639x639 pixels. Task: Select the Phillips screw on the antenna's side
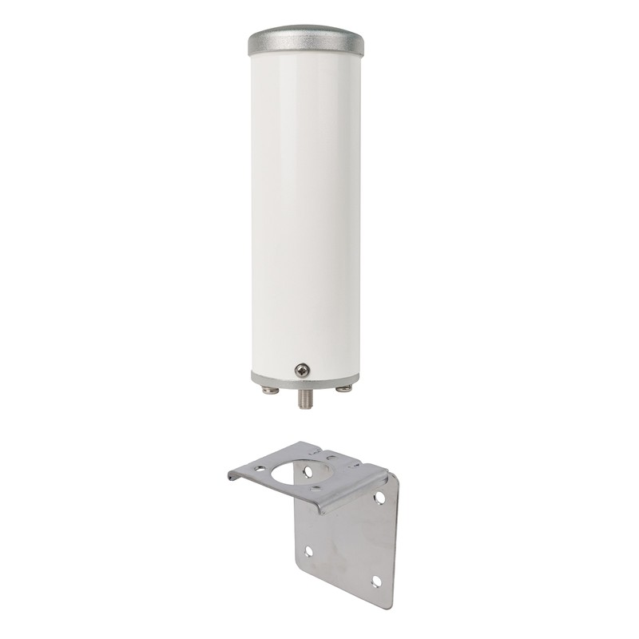point(302,369)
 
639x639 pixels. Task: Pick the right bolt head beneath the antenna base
point(344,389)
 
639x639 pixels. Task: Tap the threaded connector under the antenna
point(305,398)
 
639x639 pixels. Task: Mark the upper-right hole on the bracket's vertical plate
point(379,497)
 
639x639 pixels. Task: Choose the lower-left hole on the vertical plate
point(308,551)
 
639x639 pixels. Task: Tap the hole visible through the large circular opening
point(308,472)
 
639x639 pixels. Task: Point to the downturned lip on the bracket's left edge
point(233,476)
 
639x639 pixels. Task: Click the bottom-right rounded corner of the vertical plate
point(390,603)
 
